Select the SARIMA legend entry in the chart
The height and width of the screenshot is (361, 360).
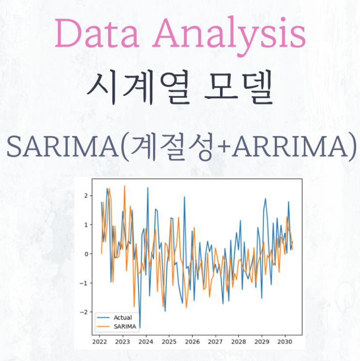(x=124, y=327)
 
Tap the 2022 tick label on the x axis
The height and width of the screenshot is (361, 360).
(x=99, y=341)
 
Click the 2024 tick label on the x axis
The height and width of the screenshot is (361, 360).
(x=146, y=341)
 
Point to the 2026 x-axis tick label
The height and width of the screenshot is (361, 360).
(x=192, y=341)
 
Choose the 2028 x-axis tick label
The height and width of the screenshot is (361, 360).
(x=239, y=341)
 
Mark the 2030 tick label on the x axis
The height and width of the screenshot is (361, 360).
(x=285, y=341)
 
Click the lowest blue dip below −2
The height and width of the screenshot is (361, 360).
(x=140, y=328)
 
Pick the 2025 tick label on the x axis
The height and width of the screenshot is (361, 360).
(x=169, y=341)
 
